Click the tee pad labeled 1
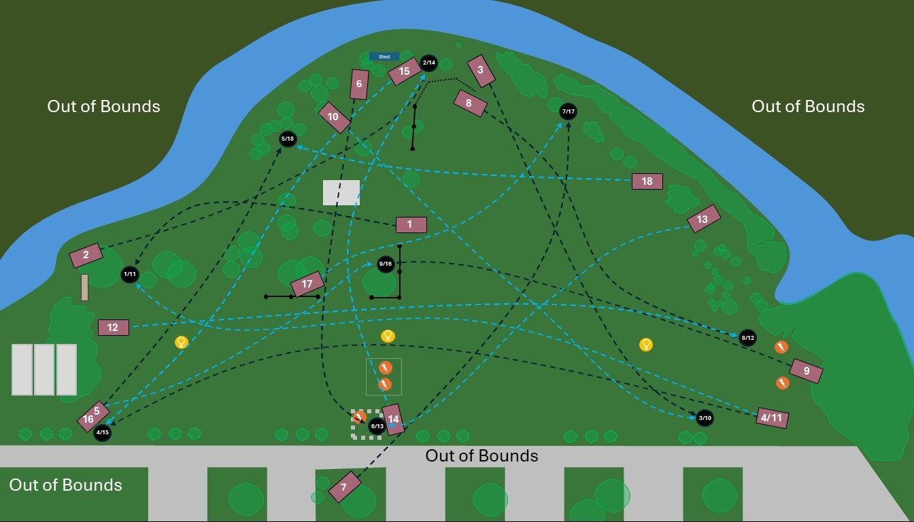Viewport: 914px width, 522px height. tap(411, 224)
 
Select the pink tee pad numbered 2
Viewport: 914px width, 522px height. tap(86, 256)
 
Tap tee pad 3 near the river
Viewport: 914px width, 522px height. tap(481, 71)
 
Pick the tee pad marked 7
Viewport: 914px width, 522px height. tap(344, 487)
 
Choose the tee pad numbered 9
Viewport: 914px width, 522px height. tap(806, 371)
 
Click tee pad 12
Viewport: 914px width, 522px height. tap(113, 328)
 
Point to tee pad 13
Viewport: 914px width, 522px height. tap(703, 219)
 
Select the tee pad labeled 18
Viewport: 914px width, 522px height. tap(647, 181)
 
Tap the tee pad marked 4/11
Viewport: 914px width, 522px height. tap(772, 417)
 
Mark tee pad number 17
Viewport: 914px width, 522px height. tap(307, 284)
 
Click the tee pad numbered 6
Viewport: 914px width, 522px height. tap(359, 84)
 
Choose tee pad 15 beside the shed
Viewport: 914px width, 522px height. tap(405, 71)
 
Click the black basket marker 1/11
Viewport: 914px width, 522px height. tap(129, 275)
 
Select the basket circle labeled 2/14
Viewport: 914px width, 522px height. tap(428, 63)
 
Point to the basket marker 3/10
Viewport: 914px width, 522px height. tap(705, 417)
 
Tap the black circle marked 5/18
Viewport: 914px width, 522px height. tap(288, 139)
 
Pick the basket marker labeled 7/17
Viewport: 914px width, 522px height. tap(569, 111)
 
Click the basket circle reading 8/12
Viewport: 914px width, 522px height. tap(747, 338)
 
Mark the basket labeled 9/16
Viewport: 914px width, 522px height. tap(386, 264)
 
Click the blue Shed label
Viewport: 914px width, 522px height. tap(384, 56)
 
